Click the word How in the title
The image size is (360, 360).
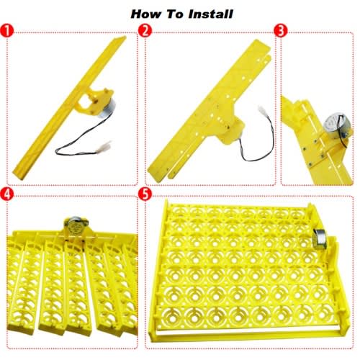146,14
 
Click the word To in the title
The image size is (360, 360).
175,14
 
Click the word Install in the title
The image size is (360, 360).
210,14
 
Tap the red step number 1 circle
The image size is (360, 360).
6,31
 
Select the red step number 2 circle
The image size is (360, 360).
145,31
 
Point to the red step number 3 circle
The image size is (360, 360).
281,31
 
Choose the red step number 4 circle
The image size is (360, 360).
6,194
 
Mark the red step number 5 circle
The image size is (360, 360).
145,194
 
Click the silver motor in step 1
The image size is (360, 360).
107,109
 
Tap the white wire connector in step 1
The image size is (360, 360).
104,146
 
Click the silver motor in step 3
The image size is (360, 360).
336,127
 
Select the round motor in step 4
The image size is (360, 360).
75,226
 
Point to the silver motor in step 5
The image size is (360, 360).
320,238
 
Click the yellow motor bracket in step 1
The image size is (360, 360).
91,100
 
